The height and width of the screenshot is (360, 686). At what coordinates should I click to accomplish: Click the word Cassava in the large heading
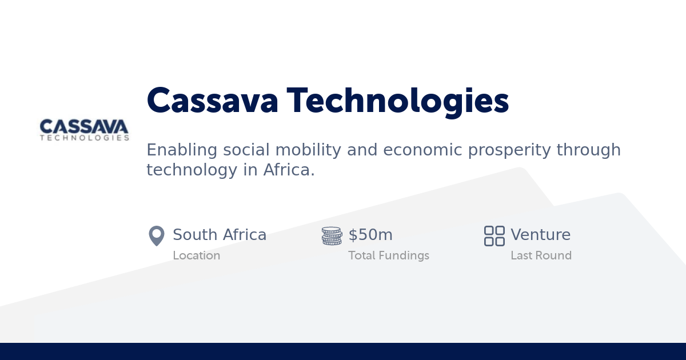pos(213,101)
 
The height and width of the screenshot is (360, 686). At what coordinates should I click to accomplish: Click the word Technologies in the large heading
pos(398,101)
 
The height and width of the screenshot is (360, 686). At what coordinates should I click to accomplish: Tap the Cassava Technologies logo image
pos(85,130)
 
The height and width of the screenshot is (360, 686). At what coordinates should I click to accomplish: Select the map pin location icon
pos(156,235)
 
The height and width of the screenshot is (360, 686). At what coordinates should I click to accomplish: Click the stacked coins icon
pos(332,235)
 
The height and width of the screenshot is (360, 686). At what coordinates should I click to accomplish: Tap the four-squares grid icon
pos(494,235)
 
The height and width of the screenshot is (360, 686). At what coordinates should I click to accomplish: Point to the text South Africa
pos(220,235)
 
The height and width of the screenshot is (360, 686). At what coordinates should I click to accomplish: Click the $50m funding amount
pos(370,235)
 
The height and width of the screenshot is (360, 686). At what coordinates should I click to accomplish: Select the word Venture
pos(540,235)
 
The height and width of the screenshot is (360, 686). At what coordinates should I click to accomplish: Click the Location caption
pos(197,255)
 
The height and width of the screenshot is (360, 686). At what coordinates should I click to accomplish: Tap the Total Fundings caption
pos(389,255)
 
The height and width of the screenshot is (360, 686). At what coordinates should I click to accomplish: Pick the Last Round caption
pos(541,255)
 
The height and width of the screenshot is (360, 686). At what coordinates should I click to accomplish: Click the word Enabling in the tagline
pos(182,150)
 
